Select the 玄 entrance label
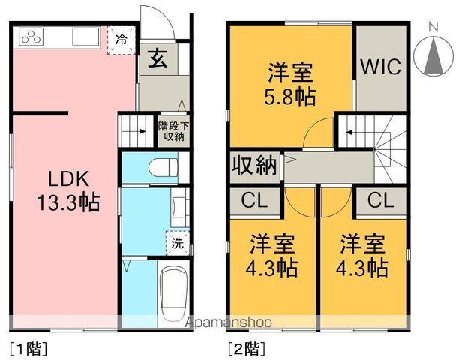coord(157,58)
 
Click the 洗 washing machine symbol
coord(177,242)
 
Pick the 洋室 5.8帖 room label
coord(291,85)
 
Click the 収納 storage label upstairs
coord(254,165)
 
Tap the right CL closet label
coord(381,200)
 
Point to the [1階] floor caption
coord(28,348)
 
